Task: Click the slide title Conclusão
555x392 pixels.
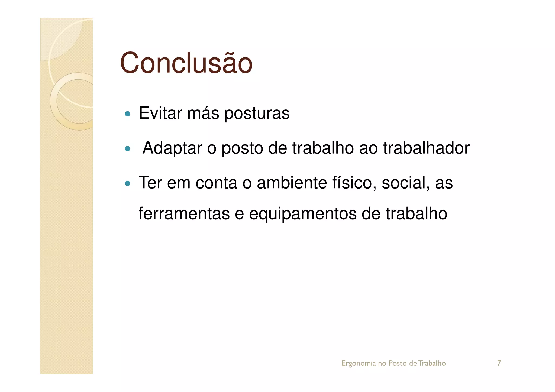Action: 186,63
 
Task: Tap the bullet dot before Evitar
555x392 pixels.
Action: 127,114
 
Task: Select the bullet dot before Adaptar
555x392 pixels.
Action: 127,149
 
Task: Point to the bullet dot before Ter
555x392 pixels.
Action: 127,184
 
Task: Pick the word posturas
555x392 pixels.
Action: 257,114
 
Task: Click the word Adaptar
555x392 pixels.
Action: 172,148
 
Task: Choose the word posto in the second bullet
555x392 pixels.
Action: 242,149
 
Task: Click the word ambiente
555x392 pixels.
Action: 292,183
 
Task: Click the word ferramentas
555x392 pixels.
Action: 184,214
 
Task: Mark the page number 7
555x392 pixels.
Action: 499,363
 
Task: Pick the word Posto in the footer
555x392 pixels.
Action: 398,363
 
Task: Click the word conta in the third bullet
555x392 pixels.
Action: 216,183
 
